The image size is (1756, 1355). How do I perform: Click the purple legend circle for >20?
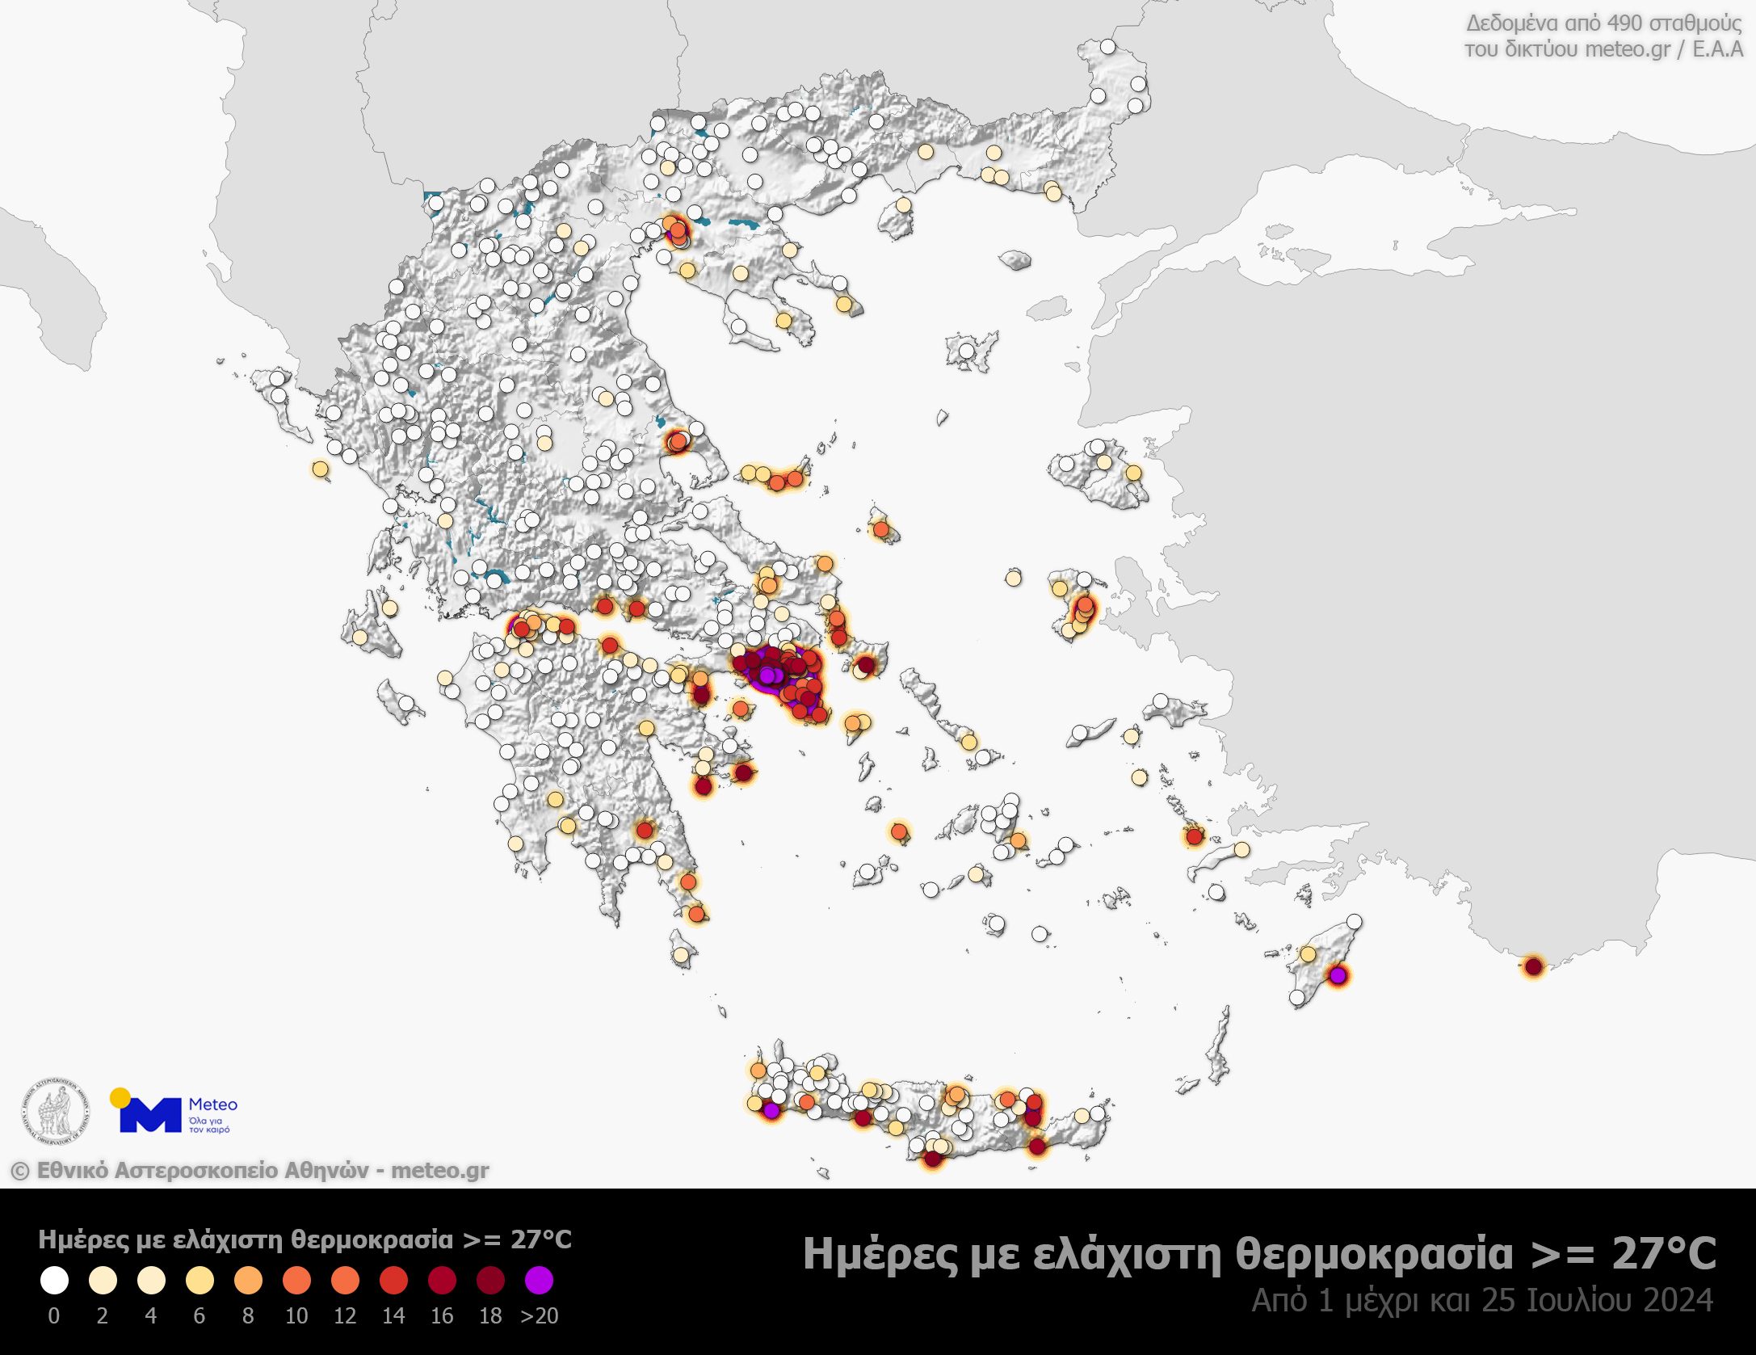(x=539, y=1280)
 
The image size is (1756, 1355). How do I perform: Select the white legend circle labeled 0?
(x=54, y=1280)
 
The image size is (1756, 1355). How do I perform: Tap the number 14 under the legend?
(x=393, y=1316)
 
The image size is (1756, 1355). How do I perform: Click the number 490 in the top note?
(x=1624, y=23)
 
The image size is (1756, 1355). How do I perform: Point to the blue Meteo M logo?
(x=150, y=1116)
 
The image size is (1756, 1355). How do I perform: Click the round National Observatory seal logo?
(x=55, y=1111)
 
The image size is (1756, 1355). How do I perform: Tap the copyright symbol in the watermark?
(x=20, y=1171)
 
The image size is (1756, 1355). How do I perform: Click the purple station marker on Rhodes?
(x=1338, y=976)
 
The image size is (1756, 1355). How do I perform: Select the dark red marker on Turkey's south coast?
(x=1534, y=966)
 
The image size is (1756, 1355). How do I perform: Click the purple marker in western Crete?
(x=771, y=1111)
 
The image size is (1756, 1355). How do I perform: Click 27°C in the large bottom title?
(x=1664, y=1254)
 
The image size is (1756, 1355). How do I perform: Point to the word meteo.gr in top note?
(x=1628, y=49)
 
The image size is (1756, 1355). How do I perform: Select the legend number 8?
(x=248, y=1316)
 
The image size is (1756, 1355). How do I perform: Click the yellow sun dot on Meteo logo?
(x=120, y=1097)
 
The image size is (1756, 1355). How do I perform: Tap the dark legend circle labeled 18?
(x=490, y=1280)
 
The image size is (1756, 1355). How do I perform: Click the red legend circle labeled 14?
(x=393, y=1280)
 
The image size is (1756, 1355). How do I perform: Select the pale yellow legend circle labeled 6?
(x=200, y=1280)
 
